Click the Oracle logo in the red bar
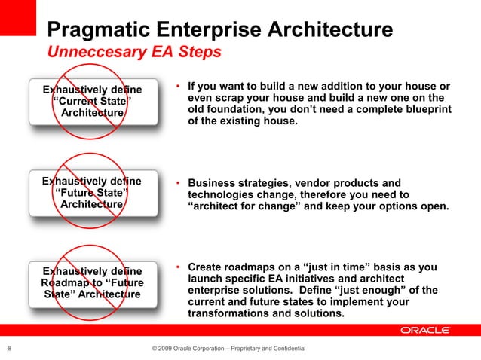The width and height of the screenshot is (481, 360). point(425,330)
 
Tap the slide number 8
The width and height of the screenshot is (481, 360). point(9,348)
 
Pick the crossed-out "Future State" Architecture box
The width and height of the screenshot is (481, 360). point(92,193)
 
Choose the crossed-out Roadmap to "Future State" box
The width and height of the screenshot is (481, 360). point(92,282)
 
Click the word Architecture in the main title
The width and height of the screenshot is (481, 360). point(332,31)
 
